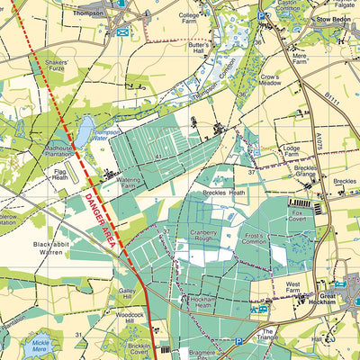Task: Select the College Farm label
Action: [189, 20]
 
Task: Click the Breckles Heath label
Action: [225, 193]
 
